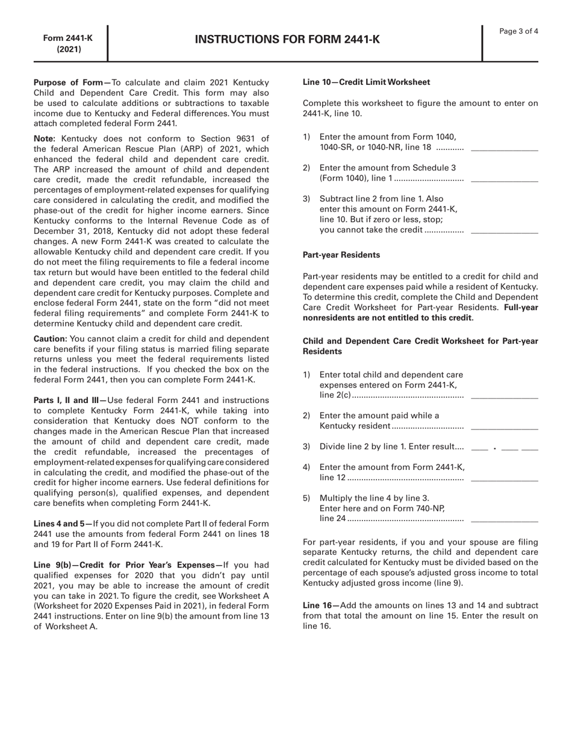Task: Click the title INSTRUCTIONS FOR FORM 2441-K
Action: (287, 40)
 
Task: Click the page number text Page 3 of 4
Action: (519, 31)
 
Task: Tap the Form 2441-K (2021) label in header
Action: (68, 43)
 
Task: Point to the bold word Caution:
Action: (50, 339)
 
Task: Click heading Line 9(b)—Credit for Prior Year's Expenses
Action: (126, 564)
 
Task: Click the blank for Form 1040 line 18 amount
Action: (504, 149)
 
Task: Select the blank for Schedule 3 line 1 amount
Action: (504, 180)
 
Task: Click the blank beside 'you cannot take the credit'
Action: (504, 232)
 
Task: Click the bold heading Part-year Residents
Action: (341, 255)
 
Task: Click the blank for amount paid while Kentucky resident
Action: (504, 428)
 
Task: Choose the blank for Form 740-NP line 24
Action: (504, 520)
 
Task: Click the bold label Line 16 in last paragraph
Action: (317, 605)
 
